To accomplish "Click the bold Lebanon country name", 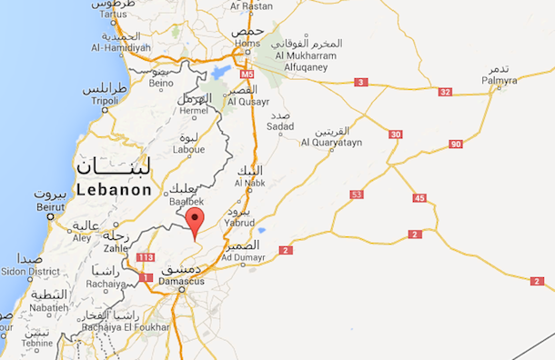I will pyautogui.click(x=114, y=190).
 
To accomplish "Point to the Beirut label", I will pyautogui.click(x=47, y=207).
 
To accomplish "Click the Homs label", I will pyautogui.click(x=247, y=43).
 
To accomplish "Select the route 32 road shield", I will pyautogui.click(x=445, y=92).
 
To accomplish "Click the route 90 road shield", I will pyautogui.click(x=455, y=145).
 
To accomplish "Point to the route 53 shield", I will pyautogui.click(x=356, y=194).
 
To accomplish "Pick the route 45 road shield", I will pyautogui.click(x=419, y=198).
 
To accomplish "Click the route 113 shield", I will pyautogui.click(x=145, y=257).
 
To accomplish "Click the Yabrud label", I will pyautogui.click(x=239, y=222).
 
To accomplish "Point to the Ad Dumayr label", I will pyautogui.click(x=242, y=257).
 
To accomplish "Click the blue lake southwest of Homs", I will pyautogui.click(x=220, y=71).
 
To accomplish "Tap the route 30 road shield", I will pyautogui.click(x=395, y=135).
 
